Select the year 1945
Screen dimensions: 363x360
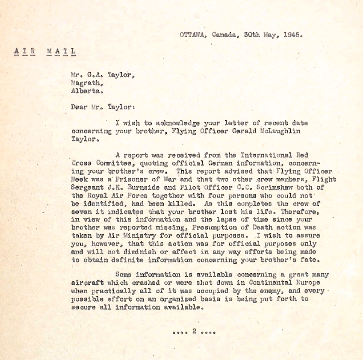(x=293, y=35)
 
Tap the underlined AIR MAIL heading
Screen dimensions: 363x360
(x=45, y=51)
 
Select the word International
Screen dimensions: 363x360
(x=265, y=156)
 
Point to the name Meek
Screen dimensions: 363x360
(x=80, y=180)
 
